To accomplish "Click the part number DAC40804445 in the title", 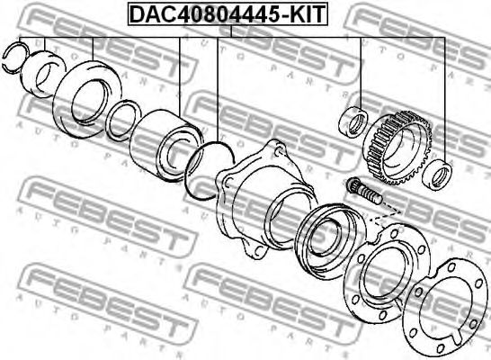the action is pos(203,14).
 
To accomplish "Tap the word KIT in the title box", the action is pos(307,14).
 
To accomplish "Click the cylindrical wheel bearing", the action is pos(166,146).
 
